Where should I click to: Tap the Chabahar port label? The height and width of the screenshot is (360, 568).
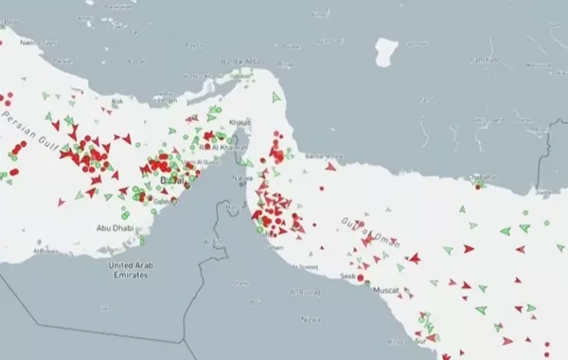click(481, 177)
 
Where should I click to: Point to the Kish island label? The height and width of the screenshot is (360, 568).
click(118, 101)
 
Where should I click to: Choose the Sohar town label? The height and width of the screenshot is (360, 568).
click(275, 247)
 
